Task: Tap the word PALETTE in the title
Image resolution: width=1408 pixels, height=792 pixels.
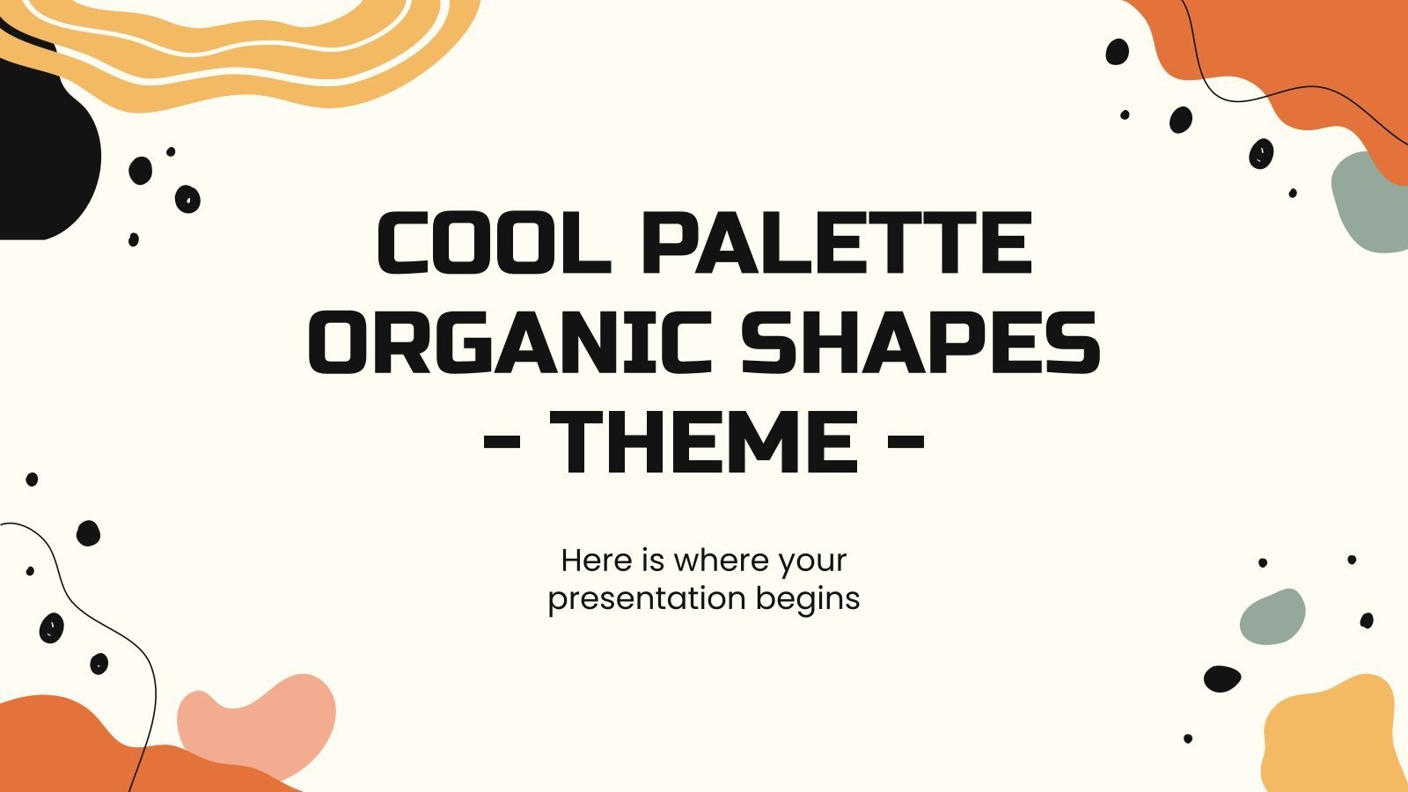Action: [x=836, y=244]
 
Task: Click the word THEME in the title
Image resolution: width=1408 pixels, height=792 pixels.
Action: [x=704, y=442]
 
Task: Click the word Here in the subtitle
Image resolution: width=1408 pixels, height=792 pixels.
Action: [x=596, y=561]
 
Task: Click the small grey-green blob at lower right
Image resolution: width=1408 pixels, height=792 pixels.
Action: [x=1272, y=616]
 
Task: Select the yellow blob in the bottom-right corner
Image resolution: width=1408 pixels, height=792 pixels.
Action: [x=1333, y=739]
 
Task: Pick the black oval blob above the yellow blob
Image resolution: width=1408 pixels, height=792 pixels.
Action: [x=1221, y=678]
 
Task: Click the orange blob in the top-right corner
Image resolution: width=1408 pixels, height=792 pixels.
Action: [x=1302, y=53]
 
